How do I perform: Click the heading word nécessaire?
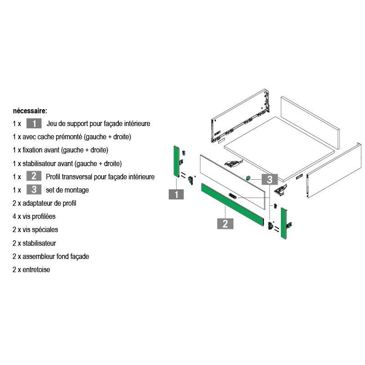coord(30,111)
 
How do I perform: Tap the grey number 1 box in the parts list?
coord(34,123)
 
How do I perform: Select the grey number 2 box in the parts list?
coord(34,176)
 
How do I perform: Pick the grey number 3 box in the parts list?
coord(34,189)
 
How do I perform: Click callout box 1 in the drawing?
coord(176,194)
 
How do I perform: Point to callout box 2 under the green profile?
coord(225,224)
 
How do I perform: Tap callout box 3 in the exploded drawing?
coord(269,179)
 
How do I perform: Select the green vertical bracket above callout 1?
coord(176,162)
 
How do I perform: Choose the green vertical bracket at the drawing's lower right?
coord(284,223)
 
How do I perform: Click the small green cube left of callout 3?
coord(248,178)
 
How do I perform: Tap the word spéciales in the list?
coord(45,230)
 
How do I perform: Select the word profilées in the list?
coord(44,217)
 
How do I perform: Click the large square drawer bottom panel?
coord(279,149)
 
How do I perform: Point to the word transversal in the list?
coord(77,177)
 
